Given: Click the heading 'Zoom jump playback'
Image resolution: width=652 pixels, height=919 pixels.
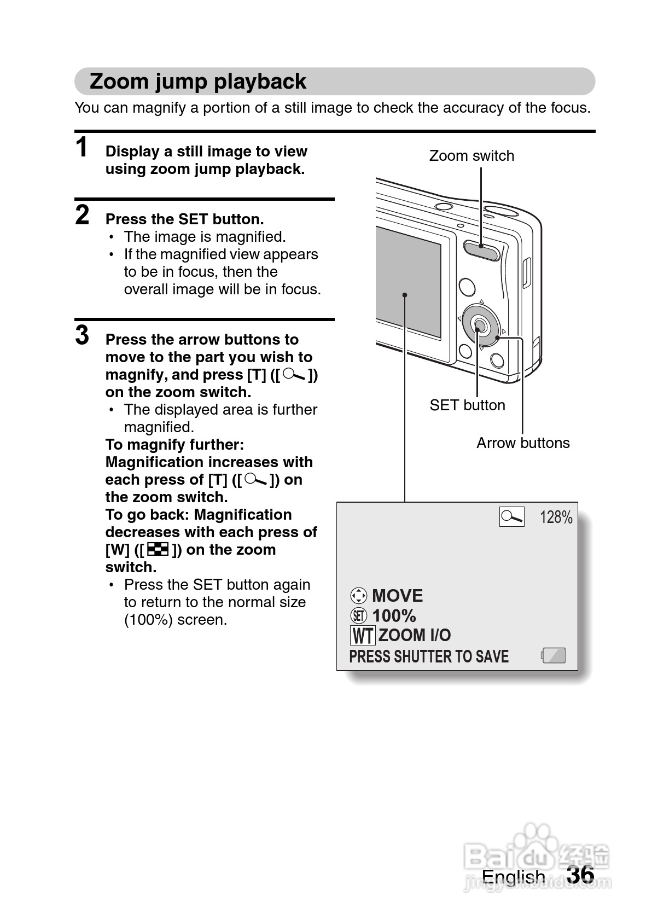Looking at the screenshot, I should coord(197,82).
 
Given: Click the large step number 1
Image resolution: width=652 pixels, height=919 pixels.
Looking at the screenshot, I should coord(82,148).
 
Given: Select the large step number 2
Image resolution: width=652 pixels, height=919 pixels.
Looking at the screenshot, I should coord(82,215).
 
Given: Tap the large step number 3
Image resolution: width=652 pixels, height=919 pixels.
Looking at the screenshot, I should coord(82,335).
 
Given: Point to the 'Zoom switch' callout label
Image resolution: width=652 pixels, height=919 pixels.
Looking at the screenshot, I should coord(471,156).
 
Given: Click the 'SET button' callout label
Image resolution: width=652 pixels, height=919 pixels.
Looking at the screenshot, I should coord(467,405).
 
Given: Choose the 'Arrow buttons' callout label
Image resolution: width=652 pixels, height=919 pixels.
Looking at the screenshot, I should coord(523,443).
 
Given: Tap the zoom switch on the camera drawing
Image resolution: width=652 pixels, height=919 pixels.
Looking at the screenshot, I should coord(481,249).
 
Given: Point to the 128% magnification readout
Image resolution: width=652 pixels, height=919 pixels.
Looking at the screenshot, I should coord(556,517).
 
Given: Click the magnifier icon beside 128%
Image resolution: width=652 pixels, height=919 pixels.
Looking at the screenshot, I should coord(511,517).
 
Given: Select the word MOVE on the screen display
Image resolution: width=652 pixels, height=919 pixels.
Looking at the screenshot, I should coord(398,596).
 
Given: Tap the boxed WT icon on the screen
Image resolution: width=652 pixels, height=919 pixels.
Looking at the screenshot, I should coord(362,636).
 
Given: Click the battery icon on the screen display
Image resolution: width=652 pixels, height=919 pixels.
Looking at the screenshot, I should coord(554,655).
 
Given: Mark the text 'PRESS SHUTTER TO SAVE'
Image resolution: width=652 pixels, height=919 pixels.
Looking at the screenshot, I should coord(429,656).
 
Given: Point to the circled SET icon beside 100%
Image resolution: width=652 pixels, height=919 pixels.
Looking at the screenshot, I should coord(358,616).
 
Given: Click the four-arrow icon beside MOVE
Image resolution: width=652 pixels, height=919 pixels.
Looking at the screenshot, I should coord(358,596).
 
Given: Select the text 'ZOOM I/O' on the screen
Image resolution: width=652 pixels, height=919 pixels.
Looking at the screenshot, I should coord(415,636).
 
